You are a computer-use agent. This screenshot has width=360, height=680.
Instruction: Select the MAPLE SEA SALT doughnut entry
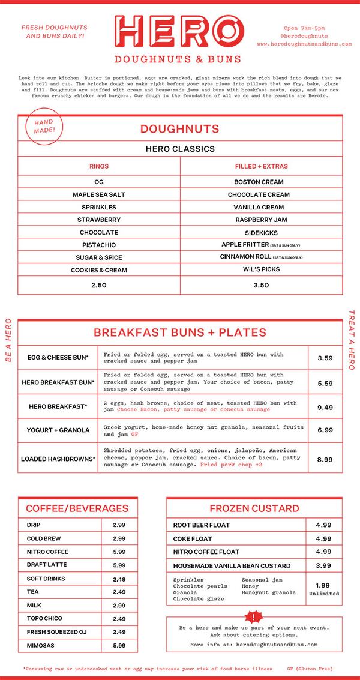tap(99, 194)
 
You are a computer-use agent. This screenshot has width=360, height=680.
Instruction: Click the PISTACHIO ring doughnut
tap(99, 245)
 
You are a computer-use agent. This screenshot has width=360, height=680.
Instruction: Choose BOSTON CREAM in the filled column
tap(259, 182)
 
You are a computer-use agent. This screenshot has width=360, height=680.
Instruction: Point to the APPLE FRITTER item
tap(252, 245)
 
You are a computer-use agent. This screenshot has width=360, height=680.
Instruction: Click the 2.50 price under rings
tap(99, 285)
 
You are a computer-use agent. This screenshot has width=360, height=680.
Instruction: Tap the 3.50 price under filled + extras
tap(261, 285)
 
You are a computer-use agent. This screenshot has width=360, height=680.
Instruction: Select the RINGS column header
tap(99, 166)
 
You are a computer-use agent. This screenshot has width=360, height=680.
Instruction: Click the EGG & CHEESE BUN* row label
tap(58, 358)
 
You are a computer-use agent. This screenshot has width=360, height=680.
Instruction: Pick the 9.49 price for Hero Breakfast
tap(325, 407)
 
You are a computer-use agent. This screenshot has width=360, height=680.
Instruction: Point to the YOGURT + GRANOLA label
tap(58, 430)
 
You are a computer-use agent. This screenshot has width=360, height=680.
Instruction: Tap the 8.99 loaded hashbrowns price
tap(325, 459)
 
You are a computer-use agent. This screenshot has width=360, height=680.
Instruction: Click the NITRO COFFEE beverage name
tap(47, 552)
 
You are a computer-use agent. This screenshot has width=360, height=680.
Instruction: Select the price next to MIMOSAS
tap(119, 645)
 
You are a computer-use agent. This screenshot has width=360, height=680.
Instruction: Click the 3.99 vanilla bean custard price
tap(323, 565)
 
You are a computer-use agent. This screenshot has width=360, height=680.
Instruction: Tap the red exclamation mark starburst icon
tap(255, 616)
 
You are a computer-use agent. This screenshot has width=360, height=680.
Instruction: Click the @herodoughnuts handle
tap(304, 36)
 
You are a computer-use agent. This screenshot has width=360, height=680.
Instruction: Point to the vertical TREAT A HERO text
tap(352, 340)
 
